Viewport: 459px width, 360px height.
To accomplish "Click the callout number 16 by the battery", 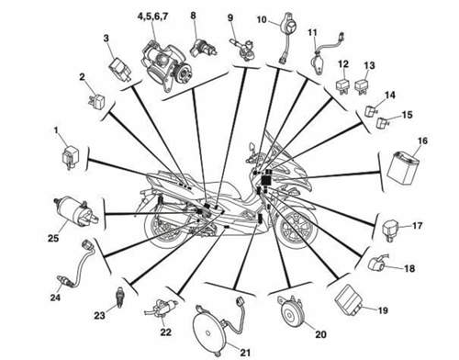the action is point(422,141).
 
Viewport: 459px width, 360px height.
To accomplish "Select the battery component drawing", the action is point(404,169).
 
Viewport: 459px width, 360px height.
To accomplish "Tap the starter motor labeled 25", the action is point(75,212).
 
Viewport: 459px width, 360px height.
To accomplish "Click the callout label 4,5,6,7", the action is point(152,17).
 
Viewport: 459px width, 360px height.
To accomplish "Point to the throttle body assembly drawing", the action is point(164,64).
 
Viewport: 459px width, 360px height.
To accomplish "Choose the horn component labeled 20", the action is point(290,312).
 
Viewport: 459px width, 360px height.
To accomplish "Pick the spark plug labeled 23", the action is point(118,297).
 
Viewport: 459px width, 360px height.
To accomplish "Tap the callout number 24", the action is point(55,298).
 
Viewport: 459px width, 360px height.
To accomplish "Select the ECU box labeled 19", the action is point(349,299).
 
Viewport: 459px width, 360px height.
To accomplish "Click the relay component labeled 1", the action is point(70,157).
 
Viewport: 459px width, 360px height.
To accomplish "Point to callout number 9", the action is point(230,17).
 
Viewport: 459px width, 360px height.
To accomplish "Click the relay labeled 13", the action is point(364,86).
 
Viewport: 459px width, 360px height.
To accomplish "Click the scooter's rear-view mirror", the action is point(252,147).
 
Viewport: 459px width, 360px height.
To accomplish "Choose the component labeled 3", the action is point(121,69).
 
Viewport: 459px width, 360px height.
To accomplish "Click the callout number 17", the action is point(417,226).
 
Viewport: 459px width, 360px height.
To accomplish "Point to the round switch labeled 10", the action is point(289,27).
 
